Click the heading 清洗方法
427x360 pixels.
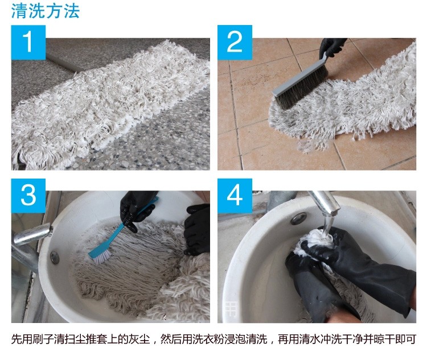pos(46,11)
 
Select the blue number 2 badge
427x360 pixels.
pos(235,42)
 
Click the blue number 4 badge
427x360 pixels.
pos(235,195)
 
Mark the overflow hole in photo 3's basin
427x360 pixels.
pos(55,257)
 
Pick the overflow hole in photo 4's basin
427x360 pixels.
pos(297,219)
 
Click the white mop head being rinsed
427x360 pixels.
pos(310,245)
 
